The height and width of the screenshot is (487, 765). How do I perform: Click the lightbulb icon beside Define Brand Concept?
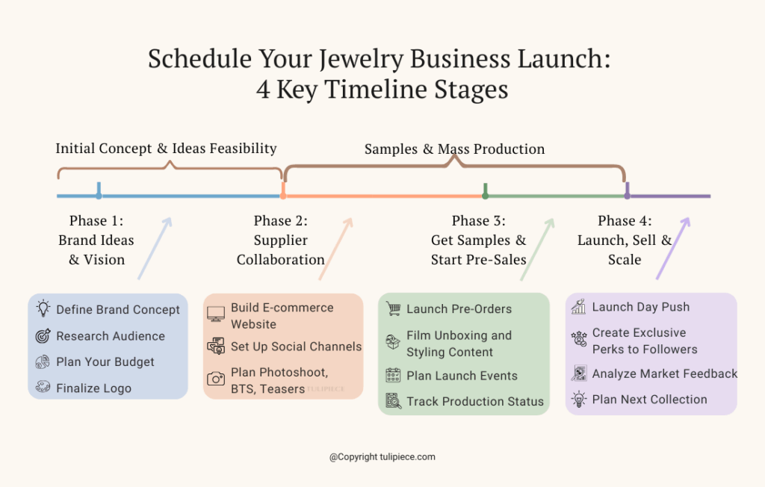pos(43,309)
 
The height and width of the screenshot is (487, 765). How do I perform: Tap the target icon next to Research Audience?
pos(43,336)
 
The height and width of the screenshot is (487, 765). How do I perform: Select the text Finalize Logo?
pos(93,388)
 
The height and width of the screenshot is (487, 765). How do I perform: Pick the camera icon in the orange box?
pos(216,379)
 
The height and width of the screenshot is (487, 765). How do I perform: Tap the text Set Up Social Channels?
pos(296,347)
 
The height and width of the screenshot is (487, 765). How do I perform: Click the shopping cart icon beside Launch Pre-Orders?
pos(393,308)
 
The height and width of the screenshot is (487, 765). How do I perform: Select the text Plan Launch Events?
pos(462,376)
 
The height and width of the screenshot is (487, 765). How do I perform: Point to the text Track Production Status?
pos(475,401)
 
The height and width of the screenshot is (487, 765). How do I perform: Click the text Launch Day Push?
pos(640,307)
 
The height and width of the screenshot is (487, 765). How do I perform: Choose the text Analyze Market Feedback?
pos(665,373)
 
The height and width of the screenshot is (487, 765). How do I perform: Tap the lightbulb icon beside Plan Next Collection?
pos(579,399)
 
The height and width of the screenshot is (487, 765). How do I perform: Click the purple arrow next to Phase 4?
pos(673,249)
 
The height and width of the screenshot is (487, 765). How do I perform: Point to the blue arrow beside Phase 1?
pos(155,249)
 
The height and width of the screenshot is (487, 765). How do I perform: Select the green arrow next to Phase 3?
pos(537,249)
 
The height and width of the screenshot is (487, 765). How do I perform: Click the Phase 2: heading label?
pos(281,220)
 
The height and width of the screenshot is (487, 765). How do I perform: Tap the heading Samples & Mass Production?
pos(454,149)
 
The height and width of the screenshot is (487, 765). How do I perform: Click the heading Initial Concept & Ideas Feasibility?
pos(166,148)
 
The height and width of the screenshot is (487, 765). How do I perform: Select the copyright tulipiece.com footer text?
pos(382,456)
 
